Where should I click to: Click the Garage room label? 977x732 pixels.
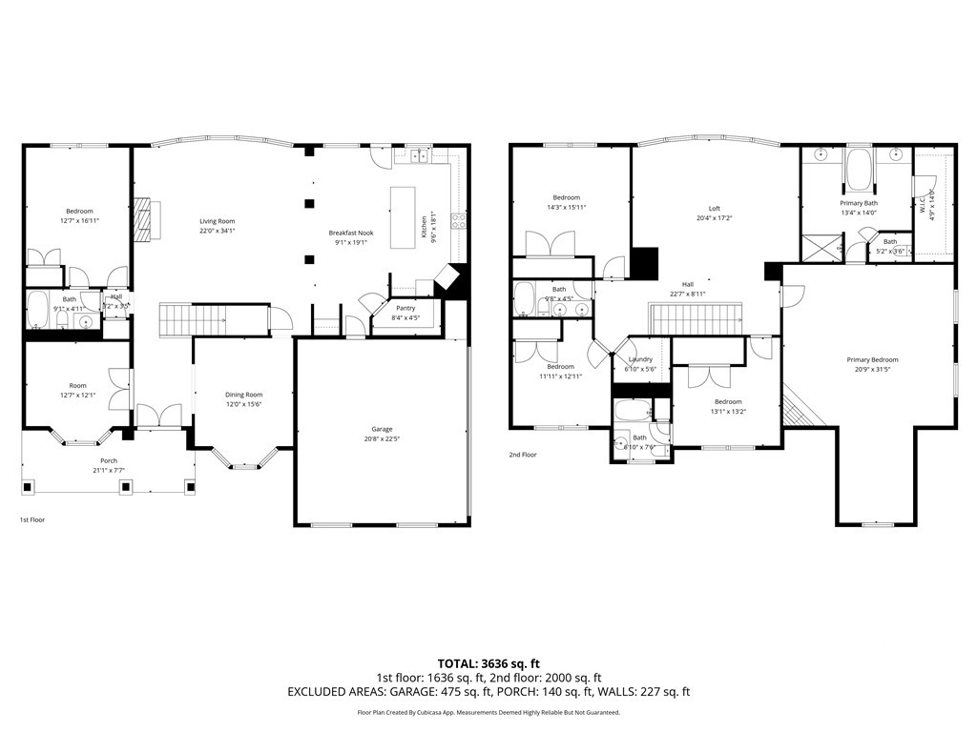[x=382, y=429]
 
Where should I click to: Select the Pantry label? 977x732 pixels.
[x=405, y=309]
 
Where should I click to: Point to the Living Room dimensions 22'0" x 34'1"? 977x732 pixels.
[x=217, y=231]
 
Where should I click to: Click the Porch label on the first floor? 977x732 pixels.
[x=109, y=460]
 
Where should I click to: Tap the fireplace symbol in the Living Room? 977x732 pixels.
[x=143, y=217]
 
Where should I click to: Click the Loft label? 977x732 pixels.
[x=714, y=209]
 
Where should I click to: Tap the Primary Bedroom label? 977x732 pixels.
[x=872, y=359]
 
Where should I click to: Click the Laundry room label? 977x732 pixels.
[x=639, y=359]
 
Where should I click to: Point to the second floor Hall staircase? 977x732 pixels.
[x=695, y=317]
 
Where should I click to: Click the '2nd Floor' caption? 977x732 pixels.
[x=522, y=455]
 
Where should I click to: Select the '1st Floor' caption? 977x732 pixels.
[x=32, y=519]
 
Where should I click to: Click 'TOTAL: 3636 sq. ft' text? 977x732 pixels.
[x=488, y=663]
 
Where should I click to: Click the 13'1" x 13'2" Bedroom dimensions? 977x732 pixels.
[x=728, y=412]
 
